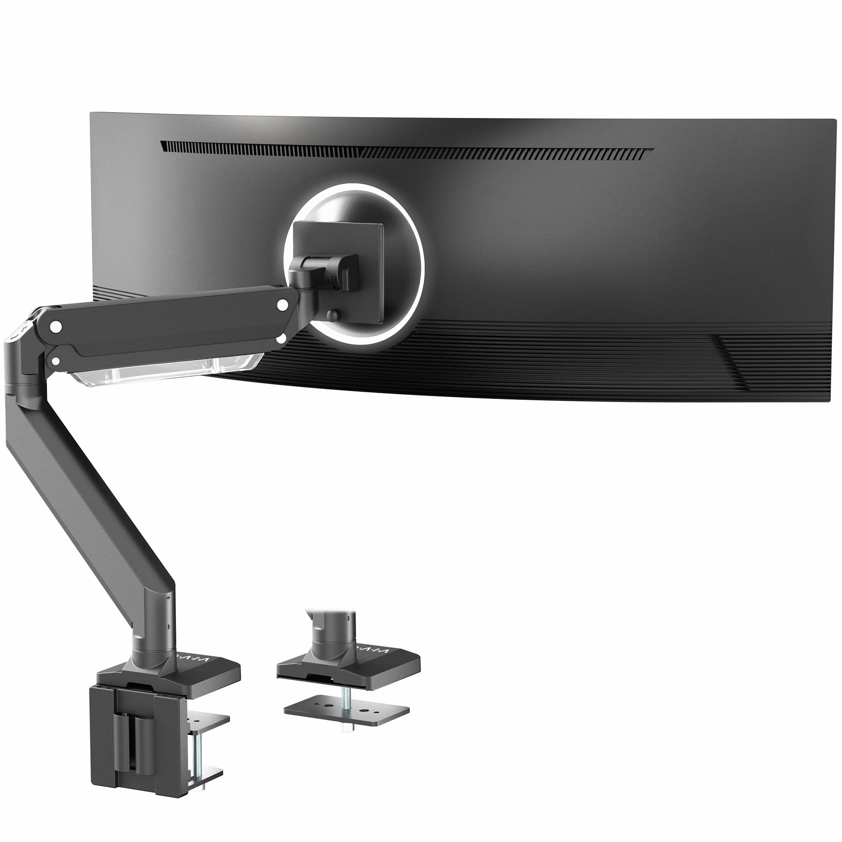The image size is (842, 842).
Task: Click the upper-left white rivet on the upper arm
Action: click(56, 325)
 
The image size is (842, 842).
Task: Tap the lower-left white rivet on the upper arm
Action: click(56, 360)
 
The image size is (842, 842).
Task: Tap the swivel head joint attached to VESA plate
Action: click(325, 272)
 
